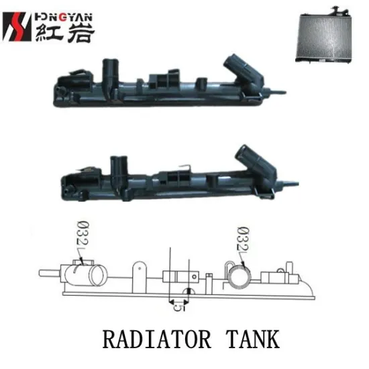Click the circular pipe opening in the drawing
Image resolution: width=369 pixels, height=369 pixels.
tap(238, 276)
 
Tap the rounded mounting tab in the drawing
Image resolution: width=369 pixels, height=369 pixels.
tap(138, 271)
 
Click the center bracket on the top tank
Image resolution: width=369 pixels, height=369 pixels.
tap(161, 81)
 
